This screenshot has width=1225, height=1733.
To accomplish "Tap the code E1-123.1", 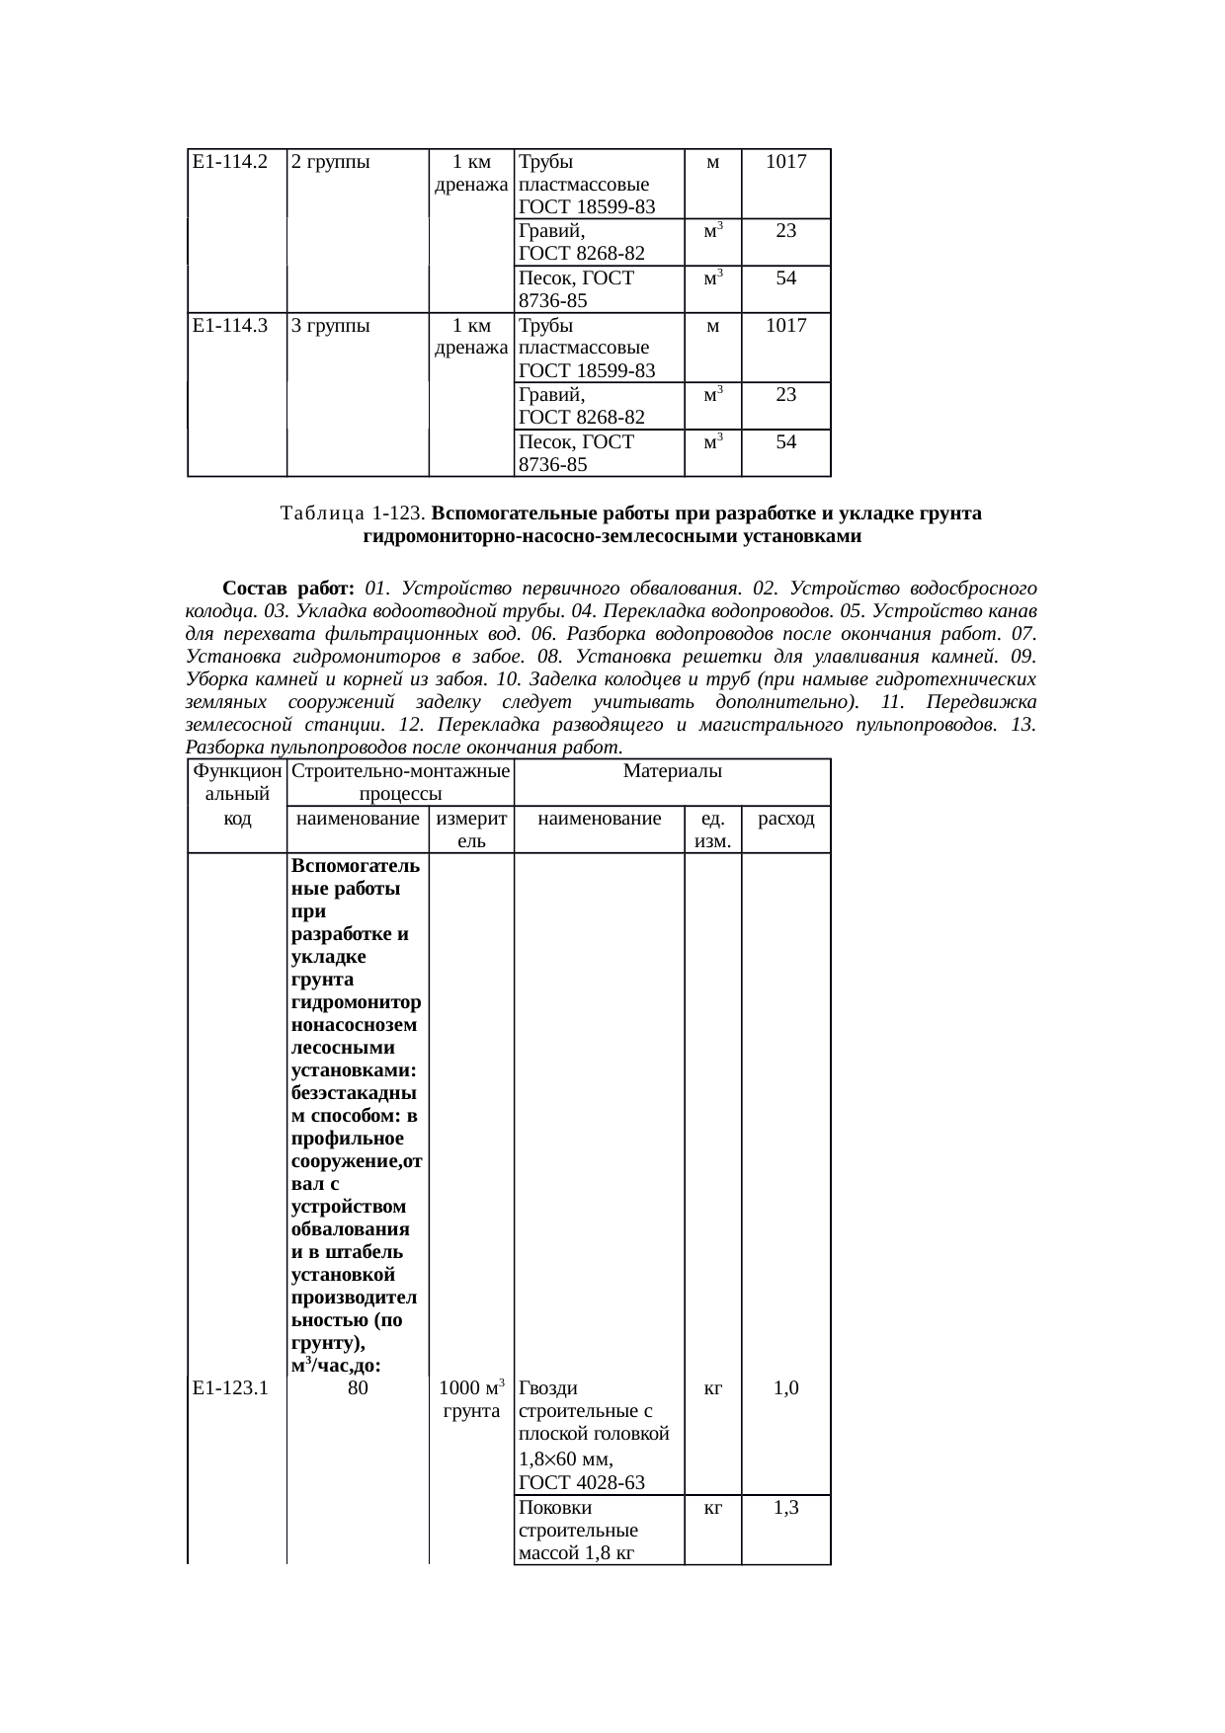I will coord(230,1388).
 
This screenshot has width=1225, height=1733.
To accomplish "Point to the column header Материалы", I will coord(672,770).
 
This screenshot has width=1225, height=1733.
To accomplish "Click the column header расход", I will coord(786,818).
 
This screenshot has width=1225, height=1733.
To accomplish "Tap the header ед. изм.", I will coord(713,829).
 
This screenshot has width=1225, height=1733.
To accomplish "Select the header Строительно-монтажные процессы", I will coord(400,782).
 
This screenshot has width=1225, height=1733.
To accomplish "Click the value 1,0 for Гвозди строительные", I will coord(786,1388).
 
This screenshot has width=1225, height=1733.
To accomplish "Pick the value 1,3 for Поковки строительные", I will coord(786,1508).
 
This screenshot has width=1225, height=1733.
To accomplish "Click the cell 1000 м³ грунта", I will coord(471,1399).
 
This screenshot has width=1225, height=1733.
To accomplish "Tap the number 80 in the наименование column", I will coord(359,1388).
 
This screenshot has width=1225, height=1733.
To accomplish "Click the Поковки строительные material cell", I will coord(578,1530).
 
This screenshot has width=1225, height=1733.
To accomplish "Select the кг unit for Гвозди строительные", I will coord(713,1388).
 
